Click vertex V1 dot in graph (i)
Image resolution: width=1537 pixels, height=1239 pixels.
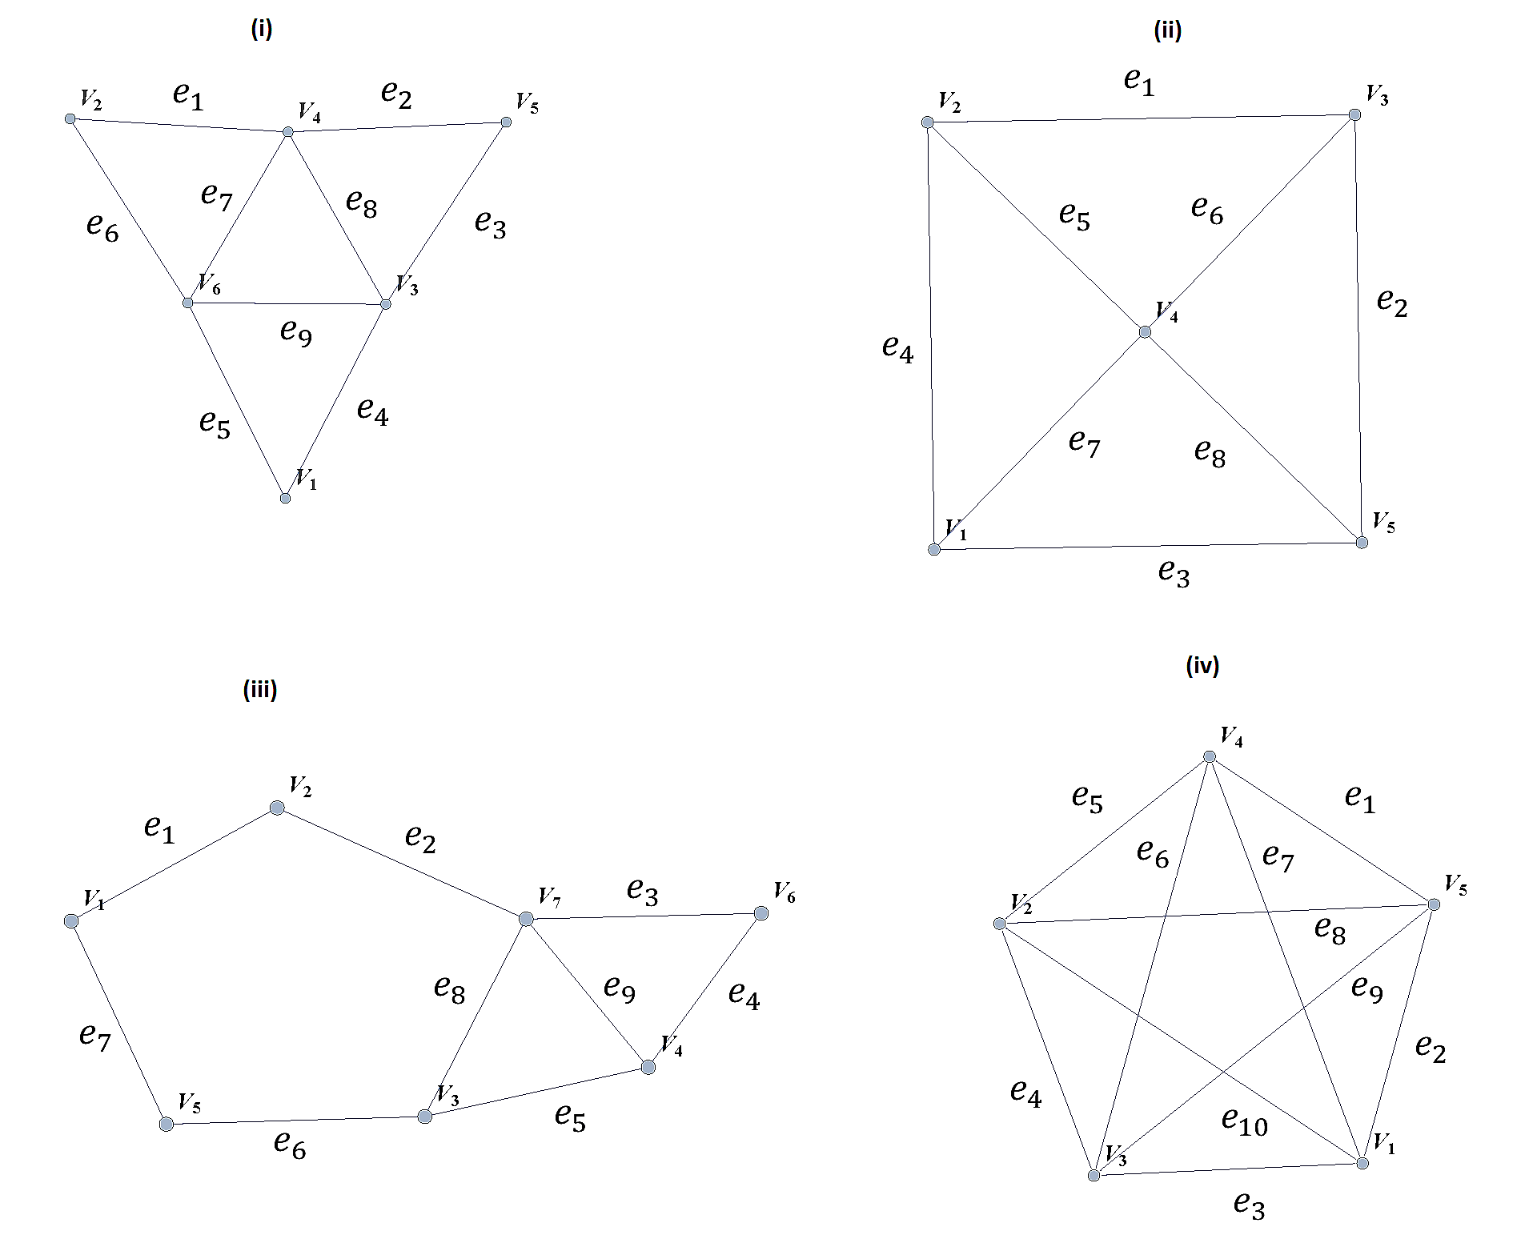pos(285,498)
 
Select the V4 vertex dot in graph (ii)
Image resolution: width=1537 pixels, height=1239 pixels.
pos(1145,331)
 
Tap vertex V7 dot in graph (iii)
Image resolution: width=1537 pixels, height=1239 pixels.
pos(526,919)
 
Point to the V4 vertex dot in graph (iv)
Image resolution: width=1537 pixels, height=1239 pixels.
pos(1210,756)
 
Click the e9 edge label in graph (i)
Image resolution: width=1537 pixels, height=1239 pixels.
pos(296,331)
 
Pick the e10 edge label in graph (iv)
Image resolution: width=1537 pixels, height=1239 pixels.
pos(1245,1121)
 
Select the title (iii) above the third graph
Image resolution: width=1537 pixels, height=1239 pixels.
pos(260,689)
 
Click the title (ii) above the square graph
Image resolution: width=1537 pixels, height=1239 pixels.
pos(1167,30)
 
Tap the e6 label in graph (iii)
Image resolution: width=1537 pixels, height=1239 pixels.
pos(290,1144)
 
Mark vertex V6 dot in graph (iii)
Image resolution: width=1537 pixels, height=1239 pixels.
pos(761,913)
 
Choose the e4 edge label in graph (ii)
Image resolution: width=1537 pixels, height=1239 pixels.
pos(897,348)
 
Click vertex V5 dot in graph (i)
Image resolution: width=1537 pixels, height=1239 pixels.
pos(506,122)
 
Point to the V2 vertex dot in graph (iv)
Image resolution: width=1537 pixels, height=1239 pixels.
pos(999,924)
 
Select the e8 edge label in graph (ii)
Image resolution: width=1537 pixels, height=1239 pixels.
pos(1210,453)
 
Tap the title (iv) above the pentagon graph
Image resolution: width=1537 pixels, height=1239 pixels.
pos(1202,665)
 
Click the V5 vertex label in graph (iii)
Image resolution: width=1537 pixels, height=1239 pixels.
pos(190,1103)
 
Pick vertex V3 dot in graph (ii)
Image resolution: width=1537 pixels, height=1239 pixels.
pos(1354,114)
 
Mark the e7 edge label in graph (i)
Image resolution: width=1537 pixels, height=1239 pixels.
pos(216,195)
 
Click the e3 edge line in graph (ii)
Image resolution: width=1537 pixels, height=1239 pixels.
pos(1148,546)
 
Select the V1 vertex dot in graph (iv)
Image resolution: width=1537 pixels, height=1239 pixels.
pos(1362,1163)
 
